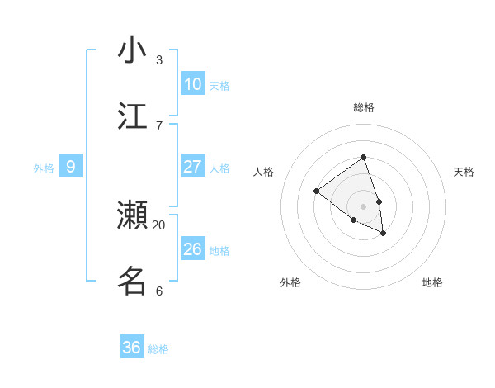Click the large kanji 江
pos(132,116)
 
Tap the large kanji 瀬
pos(132,215)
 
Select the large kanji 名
pos(132,281)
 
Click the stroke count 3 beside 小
pos(158,59)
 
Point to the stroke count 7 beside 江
pos(158,125)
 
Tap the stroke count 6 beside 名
pos(158,291)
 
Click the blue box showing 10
pos(193,84)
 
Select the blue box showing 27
pos(193,167)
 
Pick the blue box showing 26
pos(193,249)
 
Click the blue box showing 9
pos(71,167)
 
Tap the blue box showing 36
pos(132,348)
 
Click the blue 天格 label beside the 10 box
pos(219,86)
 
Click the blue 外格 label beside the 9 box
pos(44,168)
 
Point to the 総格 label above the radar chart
pos(363,107)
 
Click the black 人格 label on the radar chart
pos(263,172)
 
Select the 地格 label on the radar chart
pos(432,282)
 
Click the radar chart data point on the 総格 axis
pos(363,157)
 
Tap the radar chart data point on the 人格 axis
pos(316,192)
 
